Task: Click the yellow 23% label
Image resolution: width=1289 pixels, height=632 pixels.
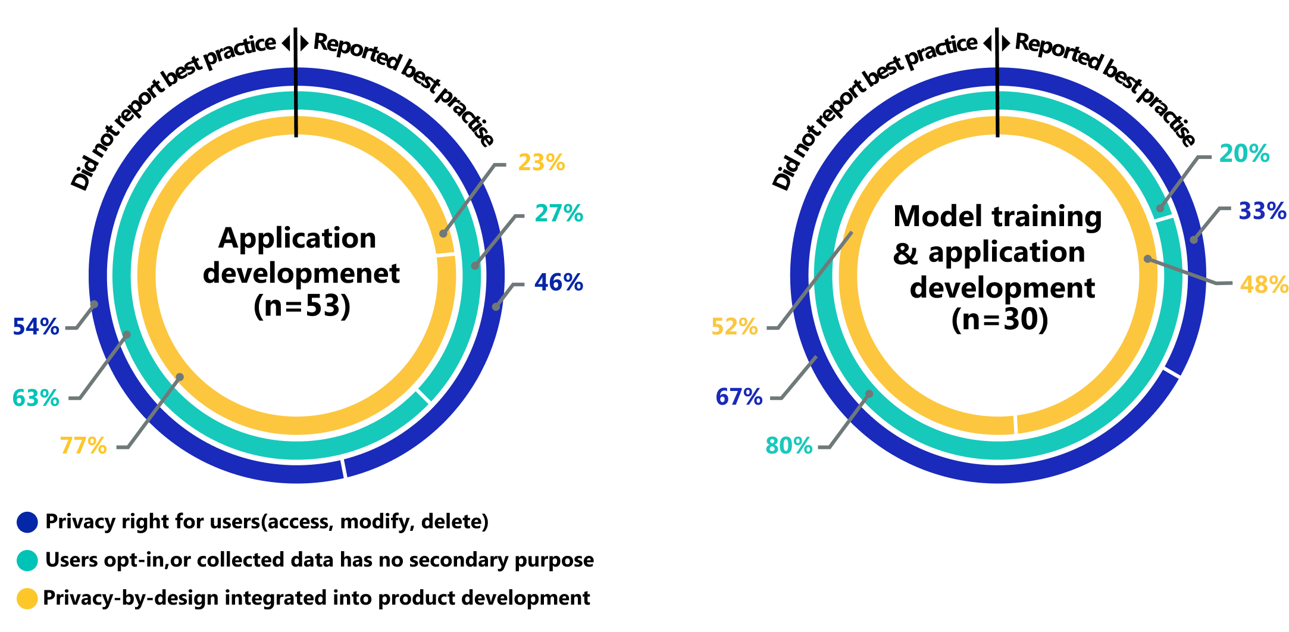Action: click(x=542, y=162)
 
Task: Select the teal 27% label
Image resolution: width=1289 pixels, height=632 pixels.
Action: click(x=559, y=214)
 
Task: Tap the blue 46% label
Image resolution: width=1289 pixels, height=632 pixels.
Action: click(x=558, y=283)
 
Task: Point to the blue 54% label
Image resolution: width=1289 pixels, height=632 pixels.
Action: click(x=36, y=327)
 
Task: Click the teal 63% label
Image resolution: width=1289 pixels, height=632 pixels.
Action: click(x=36, y=398)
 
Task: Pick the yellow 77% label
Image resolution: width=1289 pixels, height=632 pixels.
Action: click(x=83, y=446)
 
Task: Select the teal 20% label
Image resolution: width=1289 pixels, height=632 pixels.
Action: click(x=1244, y=154)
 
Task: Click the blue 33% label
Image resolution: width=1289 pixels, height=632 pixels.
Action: click(x=1262, y=211)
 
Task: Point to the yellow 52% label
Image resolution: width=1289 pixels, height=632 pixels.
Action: click(x=735, y=327)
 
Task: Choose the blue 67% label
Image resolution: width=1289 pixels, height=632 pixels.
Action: click(x=739, y=397)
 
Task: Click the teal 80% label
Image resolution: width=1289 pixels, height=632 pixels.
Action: click(x=789, y=446)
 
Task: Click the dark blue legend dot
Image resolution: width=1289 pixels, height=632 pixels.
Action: click(x=27, y=523)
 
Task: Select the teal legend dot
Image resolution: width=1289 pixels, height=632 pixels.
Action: click(x=27, y=561)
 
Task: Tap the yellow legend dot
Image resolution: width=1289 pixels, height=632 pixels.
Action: click(x=27, y=599)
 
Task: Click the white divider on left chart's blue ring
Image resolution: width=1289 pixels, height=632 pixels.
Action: click(x=343, y=468)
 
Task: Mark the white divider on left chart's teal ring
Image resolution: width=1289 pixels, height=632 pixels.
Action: click(x=423, y=396)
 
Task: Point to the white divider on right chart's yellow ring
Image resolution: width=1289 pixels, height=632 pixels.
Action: click(x=1015, y=424)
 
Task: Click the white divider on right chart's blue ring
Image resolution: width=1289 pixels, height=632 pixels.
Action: click(x=1172, y=373)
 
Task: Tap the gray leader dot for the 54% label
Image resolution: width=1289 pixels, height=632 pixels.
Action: click(x=94, y=305)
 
